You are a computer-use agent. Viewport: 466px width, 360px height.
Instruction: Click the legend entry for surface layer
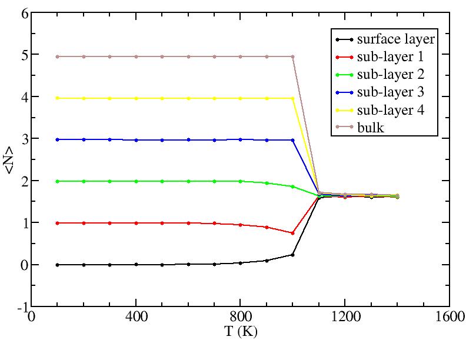395,39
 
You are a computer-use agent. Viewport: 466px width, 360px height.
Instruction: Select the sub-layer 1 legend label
391,57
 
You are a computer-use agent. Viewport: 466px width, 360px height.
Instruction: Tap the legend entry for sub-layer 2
391,75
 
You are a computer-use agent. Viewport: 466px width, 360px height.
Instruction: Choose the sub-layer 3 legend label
391,92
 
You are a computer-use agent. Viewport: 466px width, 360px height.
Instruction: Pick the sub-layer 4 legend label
391,110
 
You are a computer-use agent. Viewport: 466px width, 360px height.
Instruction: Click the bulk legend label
371,128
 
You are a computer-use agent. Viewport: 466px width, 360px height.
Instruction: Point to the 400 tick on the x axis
136,316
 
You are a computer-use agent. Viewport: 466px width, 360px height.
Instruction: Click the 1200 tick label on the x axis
345,316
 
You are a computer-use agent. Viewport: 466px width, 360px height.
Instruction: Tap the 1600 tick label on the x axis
450,316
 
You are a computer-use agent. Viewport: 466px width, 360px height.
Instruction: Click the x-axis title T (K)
241,331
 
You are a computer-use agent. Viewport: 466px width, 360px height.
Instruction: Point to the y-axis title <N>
9,161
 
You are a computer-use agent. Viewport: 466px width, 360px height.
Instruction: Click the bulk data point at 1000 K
293,56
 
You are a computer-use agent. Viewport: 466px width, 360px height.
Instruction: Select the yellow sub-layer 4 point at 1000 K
293,98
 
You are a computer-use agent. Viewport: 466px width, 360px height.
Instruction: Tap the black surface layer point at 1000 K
293,255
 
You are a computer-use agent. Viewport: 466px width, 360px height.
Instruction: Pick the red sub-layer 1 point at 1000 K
293,233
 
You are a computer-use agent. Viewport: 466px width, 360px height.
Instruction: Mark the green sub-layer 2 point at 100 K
57,181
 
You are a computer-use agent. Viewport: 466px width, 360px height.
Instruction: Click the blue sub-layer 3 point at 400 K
136,140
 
